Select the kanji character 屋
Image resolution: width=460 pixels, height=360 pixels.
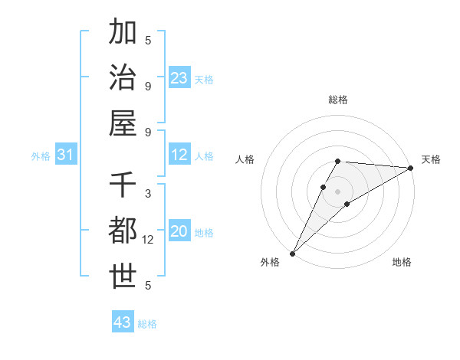(x=123, y=123)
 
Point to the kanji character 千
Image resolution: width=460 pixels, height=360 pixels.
(x=123, y=185)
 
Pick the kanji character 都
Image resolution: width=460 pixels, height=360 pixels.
(x=123, y=231)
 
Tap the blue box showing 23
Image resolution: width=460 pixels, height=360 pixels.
(x=179, y=78)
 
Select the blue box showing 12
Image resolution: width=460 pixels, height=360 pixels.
(x=179, y=155)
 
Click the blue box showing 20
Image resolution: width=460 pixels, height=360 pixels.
(x=179, y=232)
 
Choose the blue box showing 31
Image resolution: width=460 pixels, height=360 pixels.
(x=66, y=155)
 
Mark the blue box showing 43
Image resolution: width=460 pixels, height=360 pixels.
(x=123, y=322)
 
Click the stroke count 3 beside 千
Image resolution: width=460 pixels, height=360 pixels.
(x=148, y=194)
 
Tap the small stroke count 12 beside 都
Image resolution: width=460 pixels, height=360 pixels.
(x=149, y=240)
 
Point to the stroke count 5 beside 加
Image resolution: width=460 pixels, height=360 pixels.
(x=148, y=41)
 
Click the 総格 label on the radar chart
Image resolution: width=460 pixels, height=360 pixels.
(x=337, y=100)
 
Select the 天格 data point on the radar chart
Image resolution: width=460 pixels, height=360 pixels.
(x=411, y=169)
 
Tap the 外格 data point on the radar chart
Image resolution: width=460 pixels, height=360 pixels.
(x=292, y=253)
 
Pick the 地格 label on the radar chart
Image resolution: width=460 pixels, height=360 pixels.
(x=402, y=263)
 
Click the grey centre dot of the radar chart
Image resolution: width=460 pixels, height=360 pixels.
(x=337, y=191)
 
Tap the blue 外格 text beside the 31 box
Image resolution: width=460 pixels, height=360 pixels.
(x=41, y=156)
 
